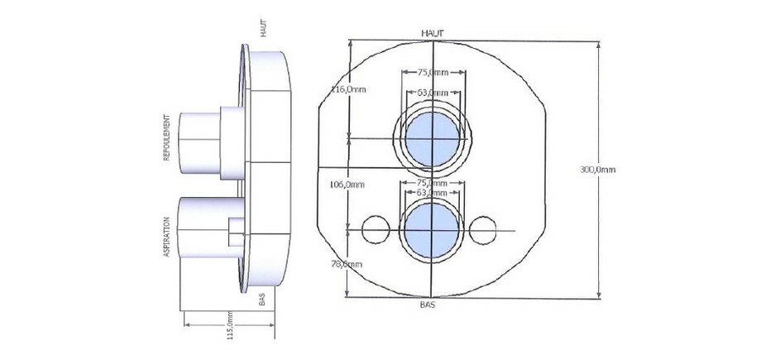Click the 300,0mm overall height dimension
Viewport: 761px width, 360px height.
point(597,170)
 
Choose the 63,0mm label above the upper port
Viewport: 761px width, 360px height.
point(433,92)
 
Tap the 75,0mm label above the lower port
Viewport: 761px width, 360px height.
point(433,182)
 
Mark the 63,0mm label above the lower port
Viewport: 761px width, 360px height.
point(433,192)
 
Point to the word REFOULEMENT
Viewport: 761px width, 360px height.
point(167,137)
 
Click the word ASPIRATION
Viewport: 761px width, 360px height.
point(167,237)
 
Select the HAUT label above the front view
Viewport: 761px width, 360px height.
point(433,33)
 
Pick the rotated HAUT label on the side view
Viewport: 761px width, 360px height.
point(263,28)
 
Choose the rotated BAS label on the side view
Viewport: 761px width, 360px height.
point(262,299)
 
